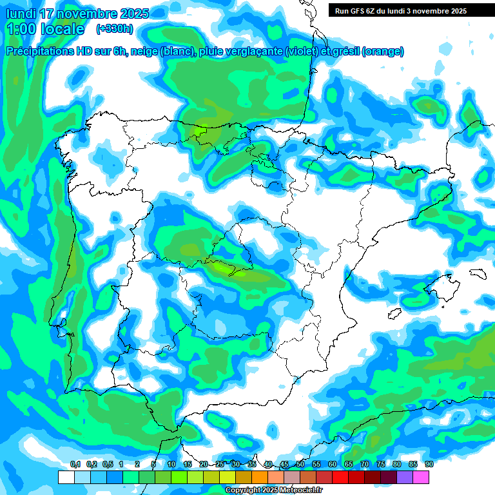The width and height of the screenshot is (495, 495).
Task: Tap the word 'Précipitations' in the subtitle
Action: (39, 52)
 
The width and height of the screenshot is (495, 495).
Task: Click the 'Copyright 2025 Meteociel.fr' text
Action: (273, 490)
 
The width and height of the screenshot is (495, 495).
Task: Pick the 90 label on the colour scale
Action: (429, 464)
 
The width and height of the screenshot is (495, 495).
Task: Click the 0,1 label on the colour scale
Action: (75, 464)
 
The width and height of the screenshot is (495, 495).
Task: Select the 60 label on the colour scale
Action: (332, 464)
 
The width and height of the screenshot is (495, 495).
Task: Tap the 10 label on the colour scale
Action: (171, 464)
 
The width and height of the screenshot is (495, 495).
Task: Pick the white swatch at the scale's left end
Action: (66, 477)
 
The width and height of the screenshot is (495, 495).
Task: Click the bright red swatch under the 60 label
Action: (340, 477)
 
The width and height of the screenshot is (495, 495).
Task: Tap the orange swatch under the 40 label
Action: (260, 477)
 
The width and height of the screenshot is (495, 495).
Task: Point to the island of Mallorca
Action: (440, 284)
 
